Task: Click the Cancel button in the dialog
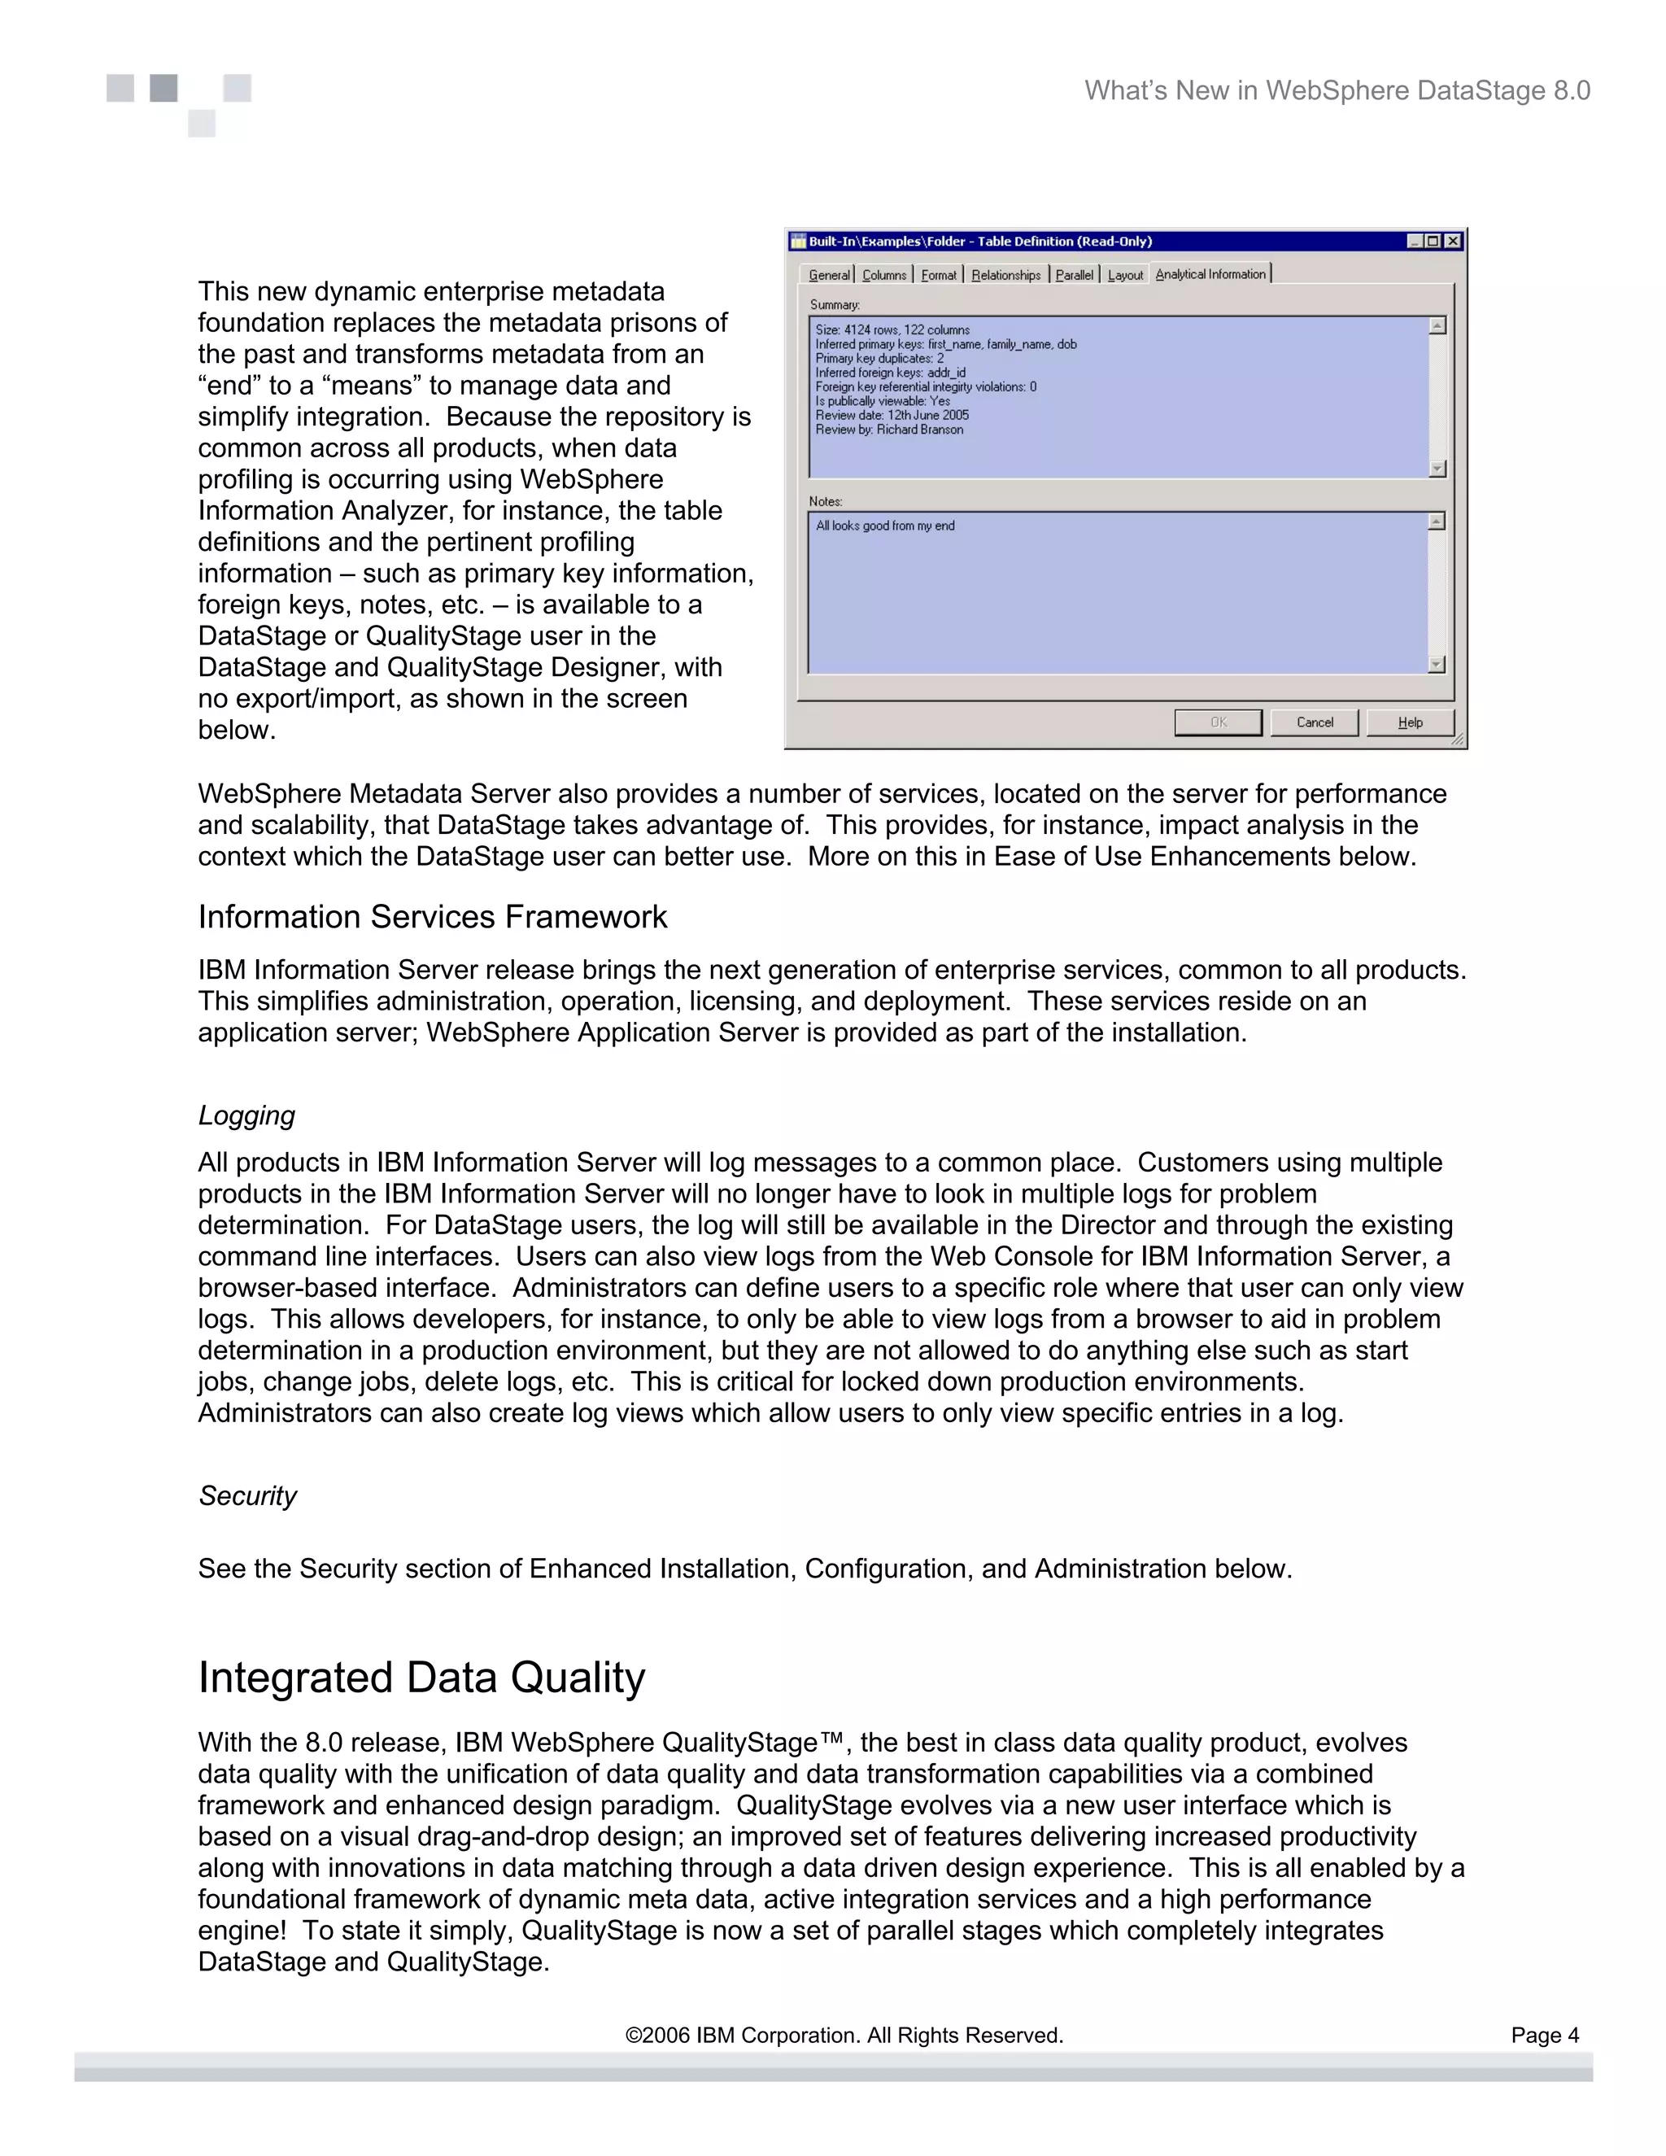(x=1314, y=722)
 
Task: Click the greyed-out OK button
(x=1218, y=722)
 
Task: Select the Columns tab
(x=883, y=276)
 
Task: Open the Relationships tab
(x=1005, y=276)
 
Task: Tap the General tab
(x=828, y=276)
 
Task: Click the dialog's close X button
(x=1453, y=241)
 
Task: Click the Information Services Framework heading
(x=432, y=917)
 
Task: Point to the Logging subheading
(x=246, y=1115)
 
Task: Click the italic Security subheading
(x=248, y=1495)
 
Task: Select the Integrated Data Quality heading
(x=421, y=1678)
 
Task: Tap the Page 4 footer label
(x=1545, y=2036)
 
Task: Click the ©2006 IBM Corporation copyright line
(x=844, y=2036)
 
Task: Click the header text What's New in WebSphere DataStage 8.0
(x=1337, y=91)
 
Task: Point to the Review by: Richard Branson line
(x=888, y=430)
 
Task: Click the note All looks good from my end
(x=884, y=526)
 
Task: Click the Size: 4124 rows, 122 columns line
(x=892, y=330)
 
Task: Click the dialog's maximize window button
(x=1433, y=241)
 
